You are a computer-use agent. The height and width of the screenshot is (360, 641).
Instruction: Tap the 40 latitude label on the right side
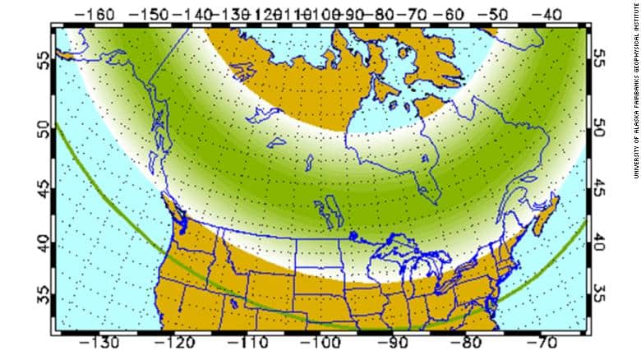(x=599, y=243)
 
